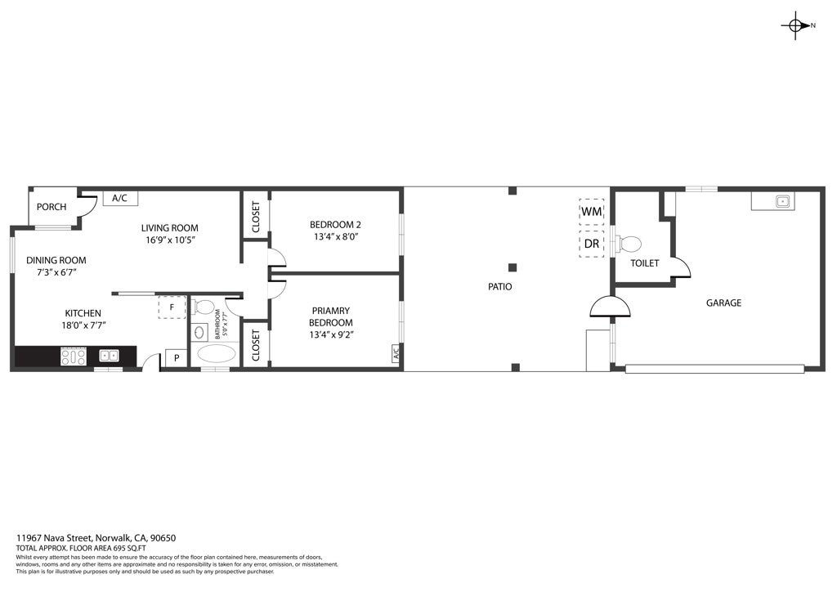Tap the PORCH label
[x=51, y=207]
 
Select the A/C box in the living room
[x=119, y=198]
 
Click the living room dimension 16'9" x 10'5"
[x=169, y=240]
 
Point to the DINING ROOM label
[x=56, y=260]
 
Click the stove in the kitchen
[x=74, y=356]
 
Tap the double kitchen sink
[x=109, y=356]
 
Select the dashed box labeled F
[x=172, y=307]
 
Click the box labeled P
[x=176, y=359]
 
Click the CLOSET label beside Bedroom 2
[x=256, y=217]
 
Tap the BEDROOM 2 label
[x=335, y=225]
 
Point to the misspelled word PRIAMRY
[x=331, y=311]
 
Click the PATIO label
[x=500, y=287]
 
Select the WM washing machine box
[x=591, y=211]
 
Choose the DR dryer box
[x=591, y=244]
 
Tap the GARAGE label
[x=723, y=303]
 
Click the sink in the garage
[x=781, y=200]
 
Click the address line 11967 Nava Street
[x=96, y=538]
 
